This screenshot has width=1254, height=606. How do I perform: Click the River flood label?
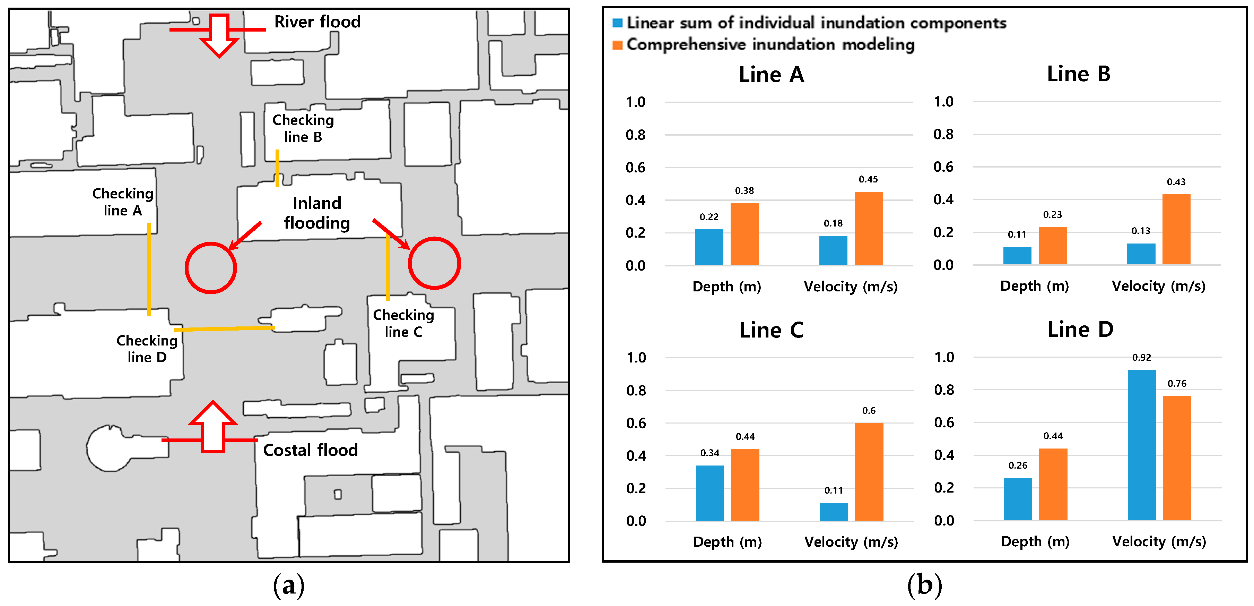[x=317, y=22]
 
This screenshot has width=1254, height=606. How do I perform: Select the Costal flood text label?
[x=310, y=450]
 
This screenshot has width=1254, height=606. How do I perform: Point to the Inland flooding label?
[x=317, y=213]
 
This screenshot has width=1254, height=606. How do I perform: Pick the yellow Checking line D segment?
[x=224, y=329]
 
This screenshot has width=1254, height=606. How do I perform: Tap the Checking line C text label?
[x=403, y=323]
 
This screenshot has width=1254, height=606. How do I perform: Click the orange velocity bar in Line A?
[x=869, y=229]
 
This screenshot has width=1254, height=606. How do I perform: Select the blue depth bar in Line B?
[x=1017, y=256]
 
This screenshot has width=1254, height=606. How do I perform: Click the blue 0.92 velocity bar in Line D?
[x=1142, y=445]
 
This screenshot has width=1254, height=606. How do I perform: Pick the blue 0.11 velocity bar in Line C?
[x=834, y=512]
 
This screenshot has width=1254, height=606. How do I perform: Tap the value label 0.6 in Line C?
[x=869, y=411]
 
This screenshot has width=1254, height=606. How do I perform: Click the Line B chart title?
[x=1079, y=74]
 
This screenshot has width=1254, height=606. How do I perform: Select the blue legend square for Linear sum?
[x=617, y=23]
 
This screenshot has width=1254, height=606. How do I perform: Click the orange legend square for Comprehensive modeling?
[x=617, y=45]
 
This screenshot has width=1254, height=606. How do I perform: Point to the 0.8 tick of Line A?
[x=635, y=135]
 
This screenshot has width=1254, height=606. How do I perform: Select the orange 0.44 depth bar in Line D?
[x=1053, y=484]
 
